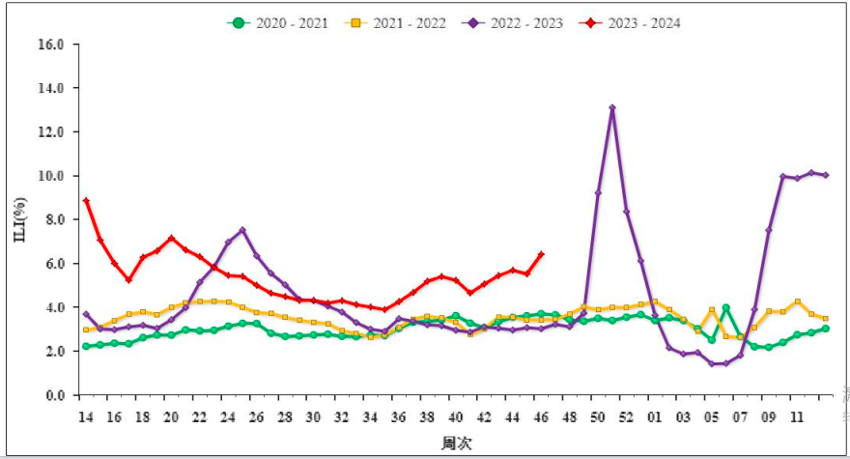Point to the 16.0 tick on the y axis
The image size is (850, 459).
(50, 44)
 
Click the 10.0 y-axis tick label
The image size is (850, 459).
(50, 176)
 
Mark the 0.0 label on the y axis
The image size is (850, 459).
(53, 395)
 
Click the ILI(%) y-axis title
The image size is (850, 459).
(19, 219)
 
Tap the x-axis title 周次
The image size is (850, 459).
(457, 443)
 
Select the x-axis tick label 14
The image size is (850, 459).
(86, 417)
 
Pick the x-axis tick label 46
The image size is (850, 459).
(541, 417)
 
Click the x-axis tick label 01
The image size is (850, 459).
(655, 417)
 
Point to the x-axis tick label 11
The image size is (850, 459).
(797, 417)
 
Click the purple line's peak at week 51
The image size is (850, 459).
(612, 108)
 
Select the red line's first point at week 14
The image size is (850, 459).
(86, 201)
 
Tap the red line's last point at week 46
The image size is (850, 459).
(541, 254)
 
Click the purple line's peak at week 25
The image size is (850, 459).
(242, 230)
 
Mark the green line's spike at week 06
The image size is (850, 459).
(725, 308)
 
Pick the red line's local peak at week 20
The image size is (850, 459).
(171, 238)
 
